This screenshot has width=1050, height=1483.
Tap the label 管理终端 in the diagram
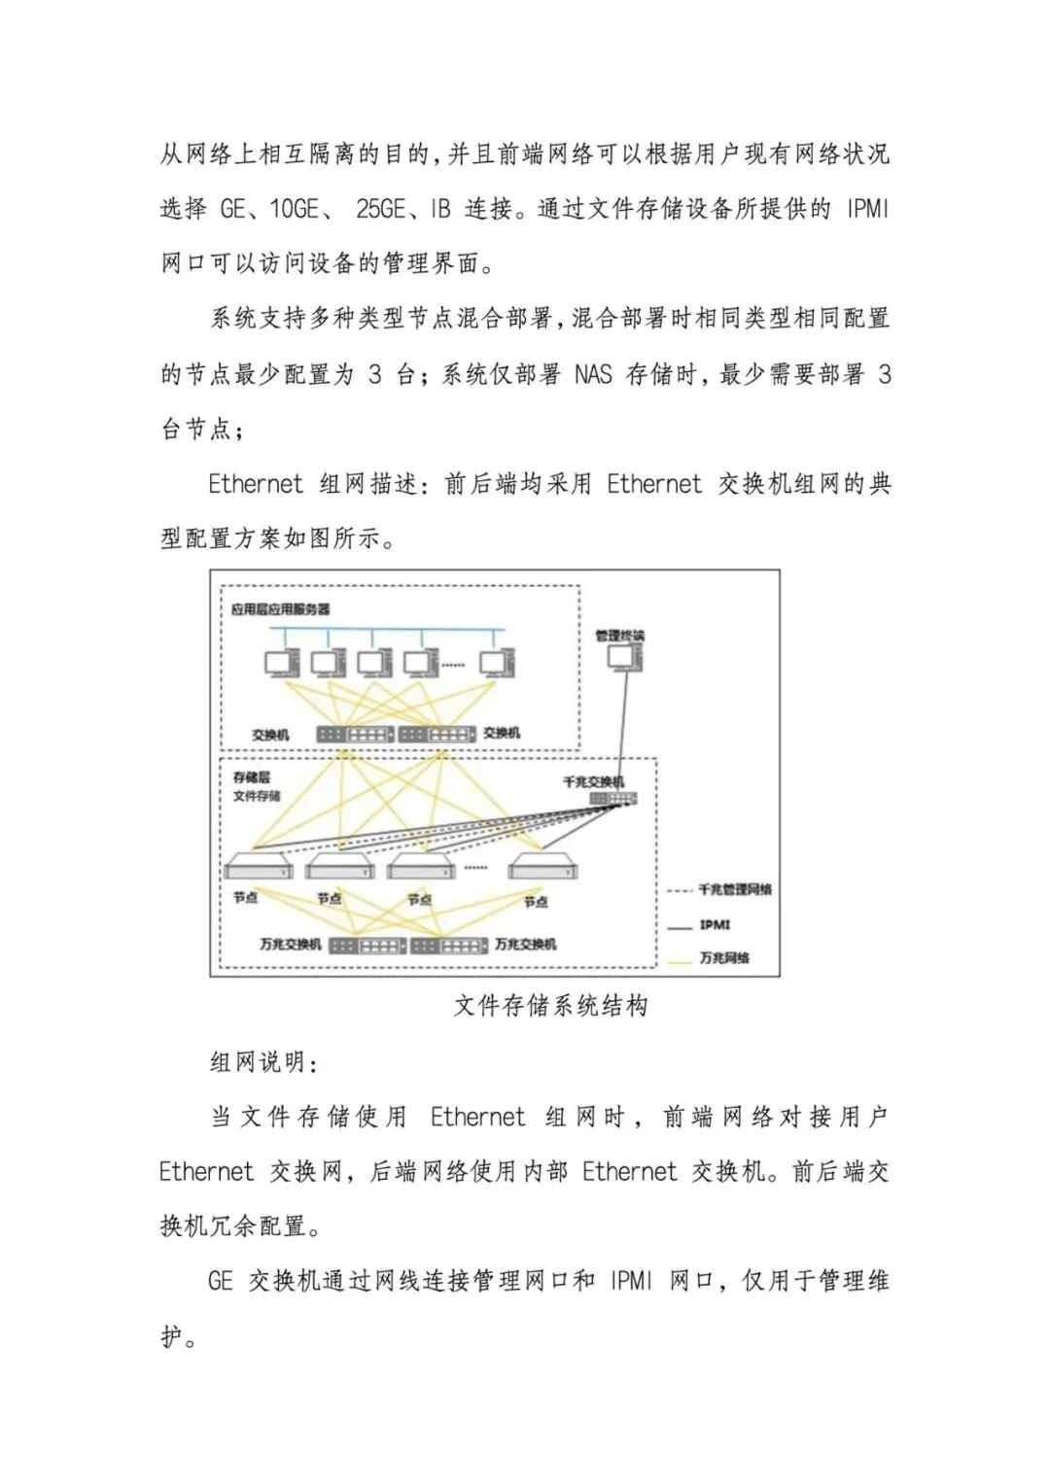619,636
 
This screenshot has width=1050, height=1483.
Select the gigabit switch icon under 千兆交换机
612,799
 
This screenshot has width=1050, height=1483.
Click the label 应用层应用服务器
280,609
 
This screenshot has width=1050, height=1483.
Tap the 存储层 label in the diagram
251,776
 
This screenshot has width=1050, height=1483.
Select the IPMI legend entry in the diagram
715,925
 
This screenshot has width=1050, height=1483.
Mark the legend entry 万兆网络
724,957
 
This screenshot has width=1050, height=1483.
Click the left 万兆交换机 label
290,944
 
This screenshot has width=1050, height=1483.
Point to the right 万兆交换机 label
525,944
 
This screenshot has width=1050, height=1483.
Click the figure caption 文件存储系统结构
550,1005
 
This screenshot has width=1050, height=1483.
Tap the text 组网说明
263,1061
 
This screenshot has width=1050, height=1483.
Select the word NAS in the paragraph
593,374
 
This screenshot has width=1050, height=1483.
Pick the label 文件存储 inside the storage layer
257,796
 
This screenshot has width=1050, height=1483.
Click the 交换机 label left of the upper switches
270,735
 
